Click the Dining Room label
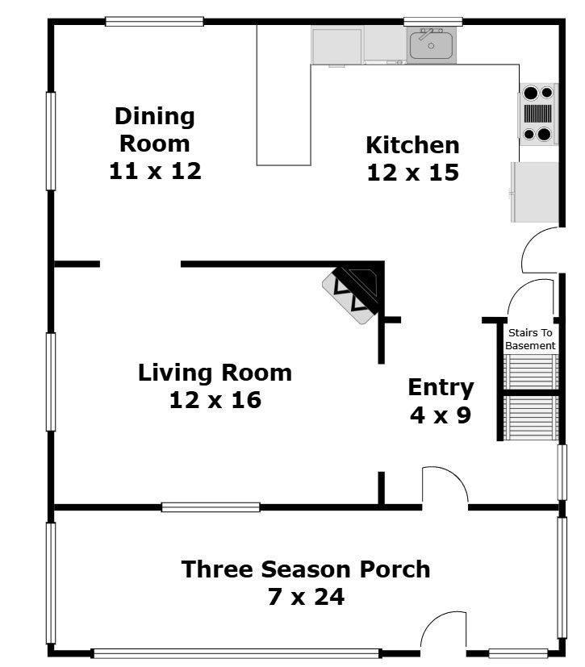[155, 130]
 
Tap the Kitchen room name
[412, 145]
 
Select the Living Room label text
[215, 373]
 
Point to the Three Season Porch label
[305, 569]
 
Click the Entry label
[441, 387]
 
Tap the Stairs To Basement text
[530, 339]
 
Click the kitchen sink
[432, 44]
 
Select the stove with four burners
[538, 114]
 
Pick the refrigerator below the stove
[534, 192]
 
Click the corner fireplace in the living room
[355, 292]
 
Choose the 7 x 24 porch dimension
[305, 598]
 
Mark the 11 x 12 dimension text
[155, 171]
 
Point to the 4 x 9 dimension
[441, 415]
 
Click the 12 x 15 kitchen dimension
[412, 173]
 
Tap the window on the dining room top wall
[154, 22]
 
